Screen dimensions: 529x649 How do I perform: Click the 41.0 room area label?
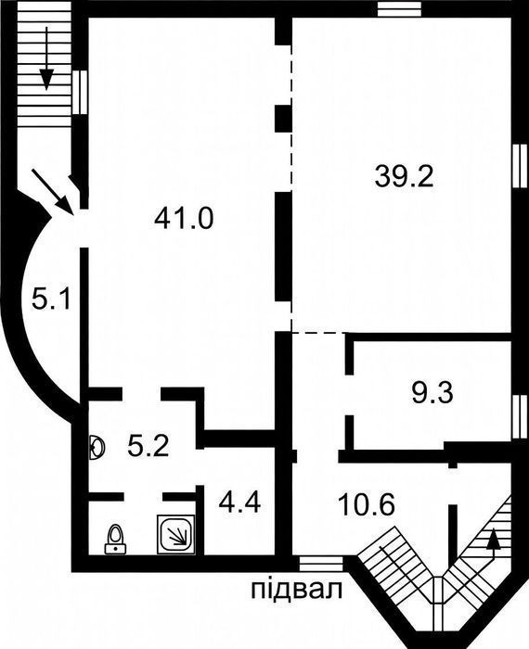[184, 218]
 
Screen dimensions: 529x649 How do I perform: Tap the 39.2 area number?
[404, 176]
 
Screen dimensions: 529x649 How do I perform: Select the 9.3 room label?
[432, 393]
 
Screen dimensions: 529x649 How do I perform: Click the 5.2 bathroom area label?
[148, 447]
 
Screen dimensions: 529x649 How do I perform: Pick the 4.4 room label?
[239, 503]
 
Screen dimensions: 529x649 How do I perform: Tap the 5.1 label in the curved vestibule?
[52, 299]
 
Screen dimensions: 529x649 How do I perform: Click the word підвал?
[297, 590]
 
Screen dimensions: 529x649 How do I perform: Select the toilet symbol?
[115, 539]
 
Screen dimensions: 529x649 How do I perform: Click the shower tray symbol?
[176, 534]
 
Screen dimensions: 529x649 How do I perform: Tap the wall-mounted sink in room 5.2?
[97, 448]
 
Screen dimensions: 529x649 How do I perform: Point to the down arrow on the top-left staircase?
[46, 58]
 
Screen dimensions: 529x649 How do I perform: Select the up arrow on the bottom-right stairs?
[493, 544]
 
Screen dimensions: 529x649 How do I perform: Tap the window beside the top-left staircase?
[80, 92]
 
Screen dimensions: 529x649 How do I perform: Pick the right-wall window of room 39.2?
[521, 166]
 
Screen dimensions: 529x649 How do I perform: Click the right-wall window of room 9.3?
[521, 416]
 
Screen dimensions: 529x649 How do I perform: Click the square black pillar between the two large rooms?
[284, 119]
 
